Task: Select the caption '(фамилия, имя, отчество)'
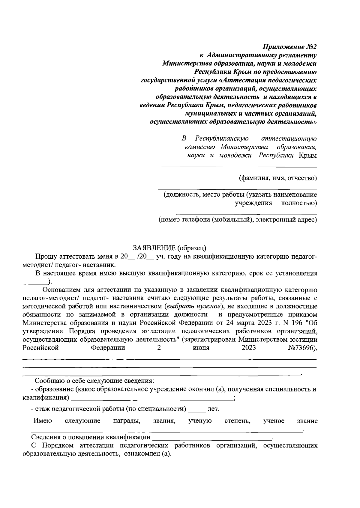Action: tap(277, 178)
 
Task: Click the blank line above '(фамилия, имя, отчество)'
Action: tap(239, 167)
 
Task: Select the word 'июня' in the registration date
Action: tap(201, 348)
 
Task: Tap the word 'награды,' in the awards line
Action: tap(127, 421)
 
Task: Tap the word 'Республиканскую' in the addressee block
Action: tap(222, 139)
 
